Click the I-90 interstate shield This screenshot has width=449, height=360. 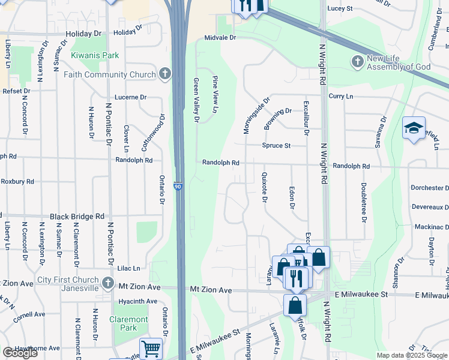[178, 187]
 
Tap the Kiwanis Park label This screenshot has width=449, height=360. [95, 55]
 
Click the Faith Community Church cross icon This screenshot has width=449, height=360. [165, 74]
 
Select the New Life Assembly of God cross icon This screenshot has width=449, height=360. [357, 62]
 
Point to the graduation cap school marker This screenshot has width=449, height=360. [414, 128]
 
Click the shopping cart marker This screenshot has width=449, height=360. [150, 348]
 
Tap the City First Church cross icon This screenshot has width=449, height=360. [107, 283]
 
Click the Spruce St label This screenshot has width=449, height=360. [276, 146]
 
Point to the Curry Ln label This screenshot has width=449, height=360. [340, 96]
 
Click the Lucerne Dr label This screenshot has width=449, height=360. [130, 97]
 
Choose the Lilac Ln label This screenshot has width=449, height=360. [128, 268]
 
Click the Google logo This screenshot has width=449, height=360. [20, 353]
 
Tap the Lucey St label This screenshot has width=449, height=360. [340, 9]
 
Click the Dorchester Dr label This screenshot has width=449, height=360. [430, 188]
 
